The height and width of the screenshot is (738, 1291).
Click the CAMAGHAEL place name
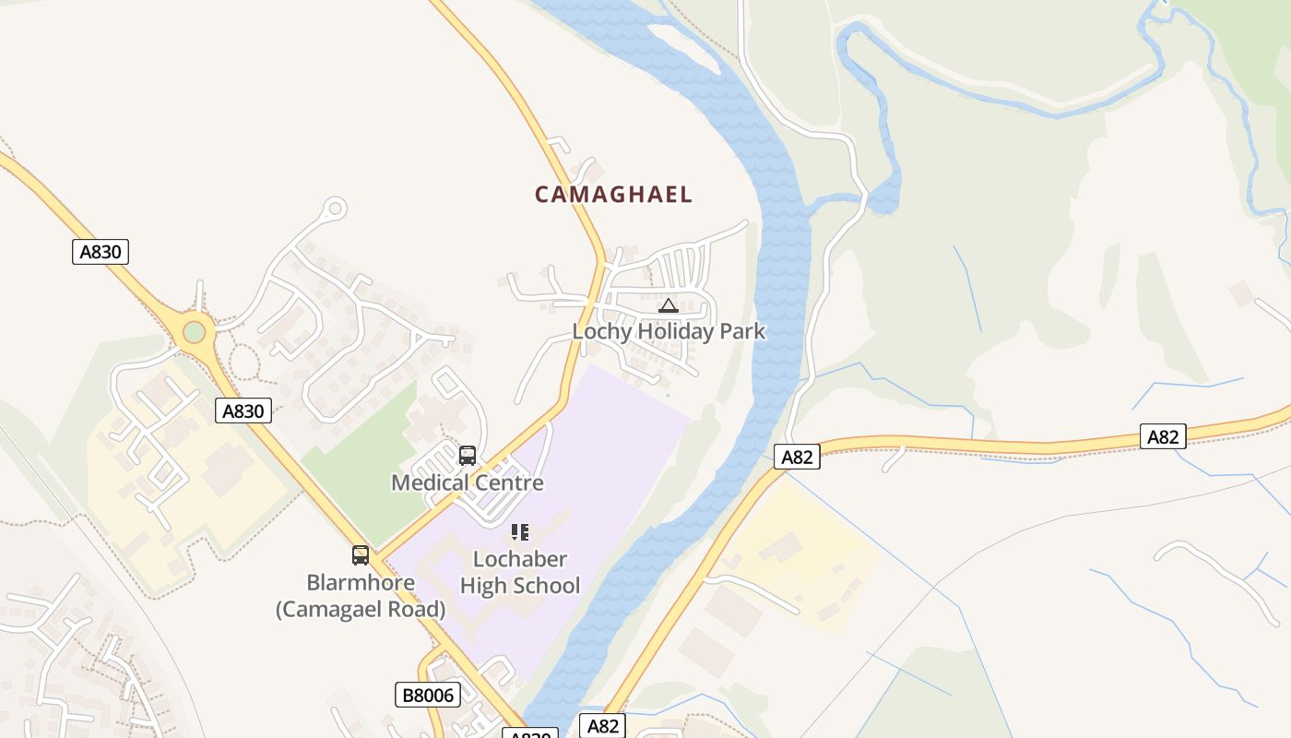click(613, 195)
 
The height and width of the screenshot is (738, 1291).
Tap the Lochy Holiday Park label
click(669, 331)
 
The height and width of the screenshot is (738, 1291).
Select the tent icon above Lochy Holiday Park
click(669, 305)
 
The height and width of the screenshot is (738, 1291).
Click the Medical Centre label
click(468, 482)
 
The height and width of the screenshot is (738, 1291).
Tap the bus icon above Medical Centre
click(468, 455)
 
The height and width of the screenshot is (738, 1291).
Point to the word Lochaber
click(520, 559)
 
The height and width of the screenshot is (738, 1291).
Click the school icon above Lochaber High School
click(520, 532)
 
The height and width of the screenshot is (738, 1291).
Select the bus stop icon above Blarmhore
click(361, 555)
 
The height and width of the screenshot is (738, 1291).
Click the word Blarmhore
click(361, 583)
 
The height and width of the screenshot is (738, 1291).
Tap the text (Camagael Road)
click(361, 610)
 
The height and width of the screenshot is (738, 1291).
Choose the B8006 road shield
click(429, 695)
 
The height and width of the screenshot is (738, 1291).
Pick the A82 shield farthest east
click(1163, 436)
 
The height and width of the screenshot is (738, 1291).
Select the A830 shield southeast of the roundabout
click(243, 411)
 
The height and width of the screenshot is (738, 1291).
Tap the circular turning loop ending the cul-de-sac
click(335, 209)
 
